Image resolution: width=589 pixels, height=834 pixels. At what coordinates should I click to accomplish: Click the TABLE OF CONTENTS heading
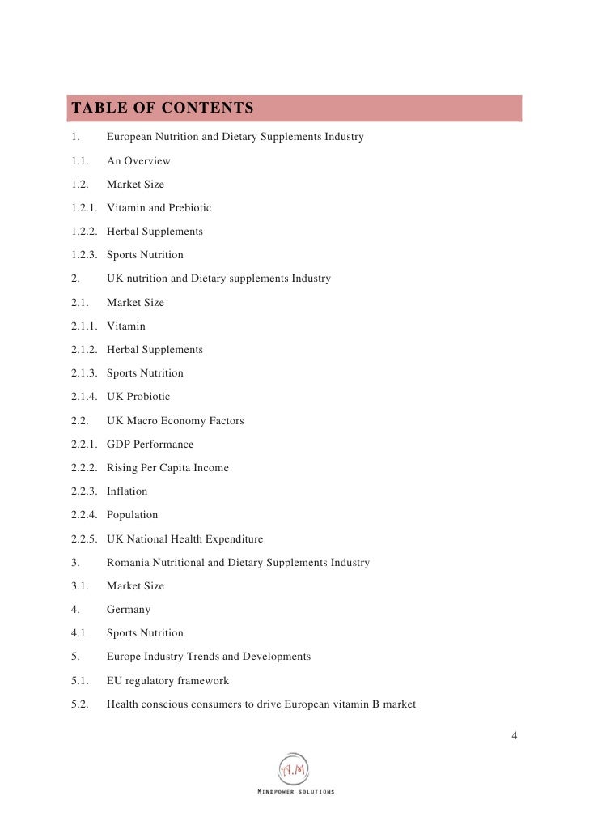(x=163, y=109)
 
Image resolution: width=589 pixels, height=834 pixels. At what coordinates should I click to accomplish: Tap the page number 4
(x=515, y=735)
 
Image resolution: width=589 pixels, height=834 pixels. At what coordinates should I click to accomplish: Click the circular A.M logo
(x=294, y=768)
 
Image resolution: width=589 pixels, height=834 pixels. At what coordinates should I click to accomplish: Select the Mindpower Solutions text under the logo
(x=294, y=791)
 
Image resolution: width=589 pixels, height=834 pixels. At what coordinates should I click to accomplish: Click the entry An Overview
(x=138, y=160)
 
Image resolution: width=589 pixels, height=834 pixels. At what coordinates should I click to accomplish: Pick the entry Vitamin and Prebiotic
(x=159, y=208)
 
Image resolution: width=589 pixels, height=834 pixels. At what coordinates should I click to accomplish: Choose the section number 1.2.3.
(x=84, y=255)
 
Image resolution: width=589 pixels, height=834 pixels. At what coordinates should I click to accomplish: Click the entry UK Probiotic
(x=138, y=397)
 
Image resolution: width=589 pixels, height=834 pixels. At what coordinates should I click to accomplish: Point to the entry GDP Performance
(x=150, y=445)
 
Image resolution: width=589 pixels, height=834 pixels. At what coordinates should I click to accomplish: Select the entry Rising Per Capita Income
(x=167, y=468)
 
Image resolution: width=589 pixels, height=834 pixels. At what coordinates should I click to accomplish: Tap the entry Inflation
(x=127, y=491)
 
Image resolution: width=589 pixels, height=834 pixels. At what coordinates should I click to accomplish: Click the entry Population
(x=132, y=515)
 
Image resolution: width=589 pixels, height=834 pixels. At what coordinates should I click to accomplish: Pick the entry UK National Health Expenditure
(x=184, y=538)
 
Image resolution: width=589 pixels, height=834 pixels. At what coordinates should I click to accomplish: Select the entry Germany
(x=129, y=610)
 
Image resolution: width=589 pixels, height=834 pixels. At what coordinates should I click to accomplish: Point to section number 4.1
(x=80, y=633)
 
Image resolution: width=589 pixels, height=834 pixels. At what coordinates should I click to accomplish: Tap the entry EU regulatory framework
(x=167, y=681)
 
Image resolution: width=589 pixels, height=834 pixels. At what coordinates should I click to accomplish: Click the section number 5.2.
(x=81, y=704)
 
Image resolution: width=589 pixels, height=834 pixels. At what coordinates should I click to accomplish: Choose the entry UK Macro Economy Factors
(x=175, y=421)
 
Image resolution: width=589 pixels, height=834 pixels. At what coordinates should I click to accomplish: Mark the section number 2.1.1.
(x=84, y=326)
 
